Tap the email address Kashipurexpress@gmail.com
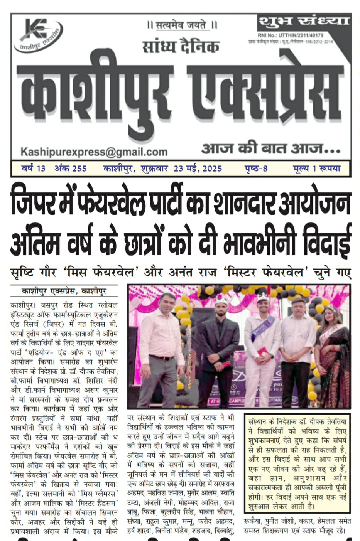94,152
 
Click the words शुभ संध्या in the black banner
303,21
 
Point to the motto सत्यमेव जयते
182,25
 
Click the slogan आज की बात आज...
270,148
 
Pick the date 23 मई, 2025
198,169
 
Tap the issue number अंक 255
70,169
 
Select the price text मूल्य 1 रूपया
316,169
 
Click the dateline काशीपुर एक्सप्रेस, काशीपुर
64,291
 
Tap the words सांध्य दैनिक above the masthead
181,47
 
